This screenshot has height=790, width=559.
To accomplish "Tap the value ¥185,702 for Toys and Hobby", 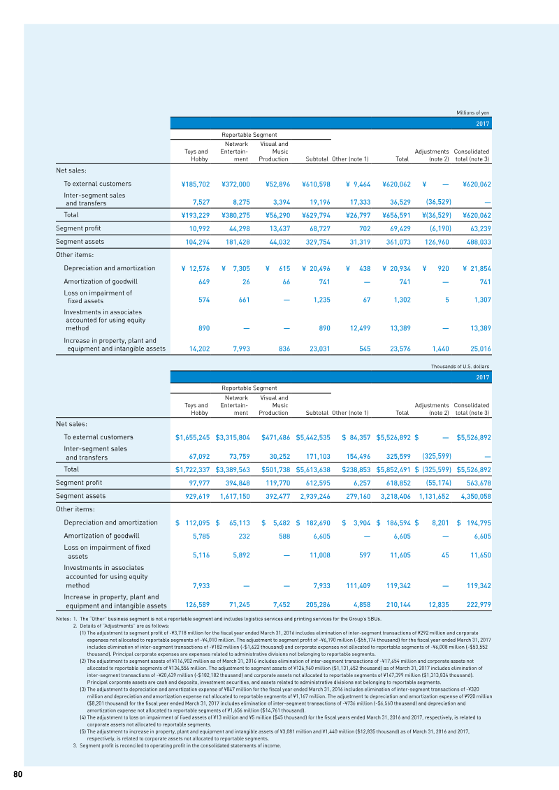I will [191, 184].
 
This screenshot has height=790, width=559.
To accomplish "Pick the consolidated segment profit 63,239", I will [477, 228].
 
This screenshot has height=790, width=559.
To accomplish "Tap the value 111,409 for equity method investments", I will [354, 586].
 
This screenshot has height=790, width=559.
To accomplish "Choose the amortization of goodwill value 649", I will [200, 281].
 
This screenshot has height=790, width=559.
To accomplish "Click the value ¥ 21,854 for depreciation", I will [476, 268].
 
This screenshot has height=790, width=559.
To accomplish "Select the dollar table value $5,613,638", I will [312, 469].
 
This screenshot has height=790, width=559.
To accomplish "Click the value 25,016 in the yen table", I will [477, 348].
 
